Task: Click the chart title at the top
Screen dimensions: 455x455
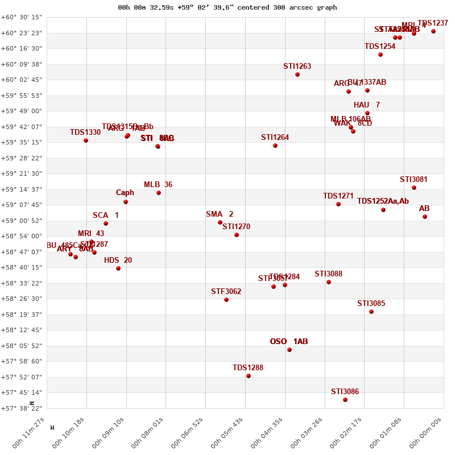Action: coord(227,7)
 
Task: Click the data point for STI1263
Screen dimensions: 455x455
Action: coord(297,75)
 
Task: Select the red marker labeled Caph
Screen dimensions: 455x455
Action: coord(126,202)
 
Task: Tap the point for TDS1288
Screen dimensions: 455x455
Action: coord(249,376)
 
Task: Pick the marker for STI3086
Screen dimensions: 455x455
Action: coord(345,400)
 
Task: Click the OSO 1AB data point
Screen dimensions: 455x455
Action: coord(289,350)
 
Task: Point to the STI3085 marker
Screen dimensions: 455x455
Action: coord(371,312)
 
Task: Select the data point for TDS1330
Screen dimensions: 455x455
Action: coord(86,140)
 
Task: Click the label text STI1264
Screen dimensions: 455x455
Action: coord(275,137)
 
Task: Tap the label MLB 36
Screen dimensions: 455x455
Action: coord(158,185)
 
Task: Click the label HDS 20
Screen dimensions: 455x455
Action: coord(118,260)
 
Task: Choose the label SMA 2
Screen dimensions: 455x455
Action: coord(220,214)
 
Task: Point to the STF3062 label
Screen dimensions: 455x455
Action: coord(226,292)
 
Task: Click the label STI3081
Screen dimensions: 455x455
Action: coord(413,180)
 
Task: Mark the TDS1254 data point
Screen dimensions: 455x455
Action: coord(380,55)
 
